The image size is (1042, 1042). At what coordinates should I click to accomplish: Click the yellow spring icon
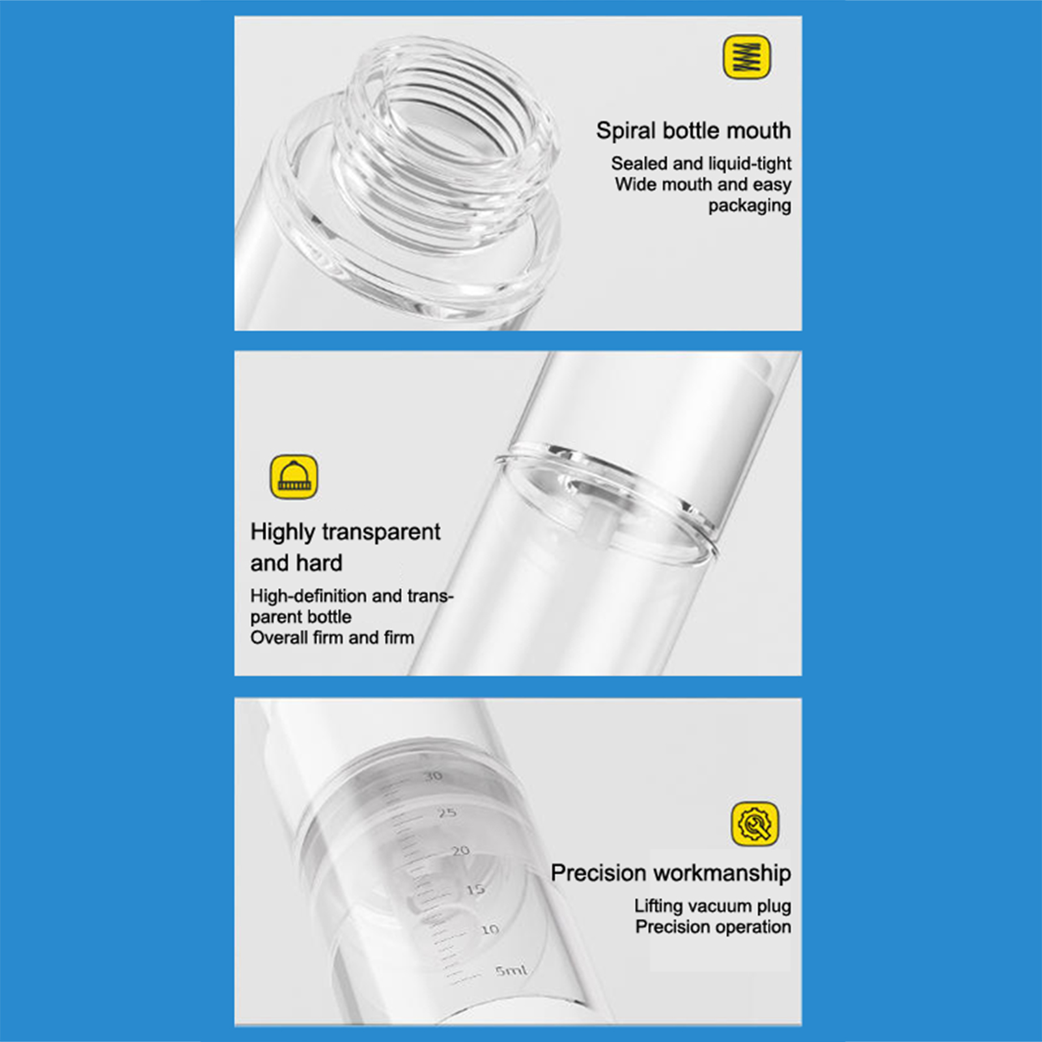tap(747, 57)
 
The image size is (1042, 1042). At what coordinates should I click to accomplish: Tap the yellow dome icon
tap(294, 477)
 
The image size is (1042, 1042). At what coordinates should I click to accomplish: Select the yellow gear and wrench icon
tap(755, 824)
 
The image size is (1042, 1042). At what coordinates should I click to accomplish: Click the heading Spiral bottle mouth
tap(694, 130)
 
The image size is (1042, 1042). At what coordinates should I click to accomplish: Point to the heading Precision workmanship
tap(671, 873)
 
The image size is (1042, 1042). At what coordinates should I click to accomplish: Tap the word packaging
tap(750, 206)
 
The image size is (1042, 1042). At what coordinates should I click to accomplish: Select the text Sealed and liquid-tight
tap(701, 163)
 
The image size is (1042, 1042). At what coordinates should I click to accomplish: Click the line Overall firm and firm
tap(332, 638)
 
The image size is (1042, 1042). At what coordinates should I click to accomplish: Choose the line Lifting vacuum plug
tap(713, 906)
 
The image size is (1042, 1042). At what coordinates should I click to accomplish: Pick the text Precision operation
tap(713, 927)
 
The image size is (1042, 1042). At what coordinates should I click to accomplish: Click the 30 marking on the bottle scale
tap(432, 776)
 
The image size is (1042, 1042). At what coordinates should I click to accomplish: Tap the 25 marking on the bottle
tap(447, 813)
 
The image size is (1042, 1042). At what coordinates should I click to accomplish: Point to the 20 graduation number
tap(460, 851)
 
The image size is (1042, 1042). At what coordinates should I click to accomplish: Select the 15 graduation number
tap(475, 889)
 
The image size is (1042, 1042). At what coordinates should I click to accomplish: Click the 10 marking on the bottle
tap(490, 929)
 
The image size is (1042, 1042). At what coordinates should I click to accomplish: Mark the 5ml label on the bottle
tap(511, 970)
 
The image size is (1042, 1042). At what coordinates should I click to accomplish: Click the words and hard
tap(296, 563)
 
